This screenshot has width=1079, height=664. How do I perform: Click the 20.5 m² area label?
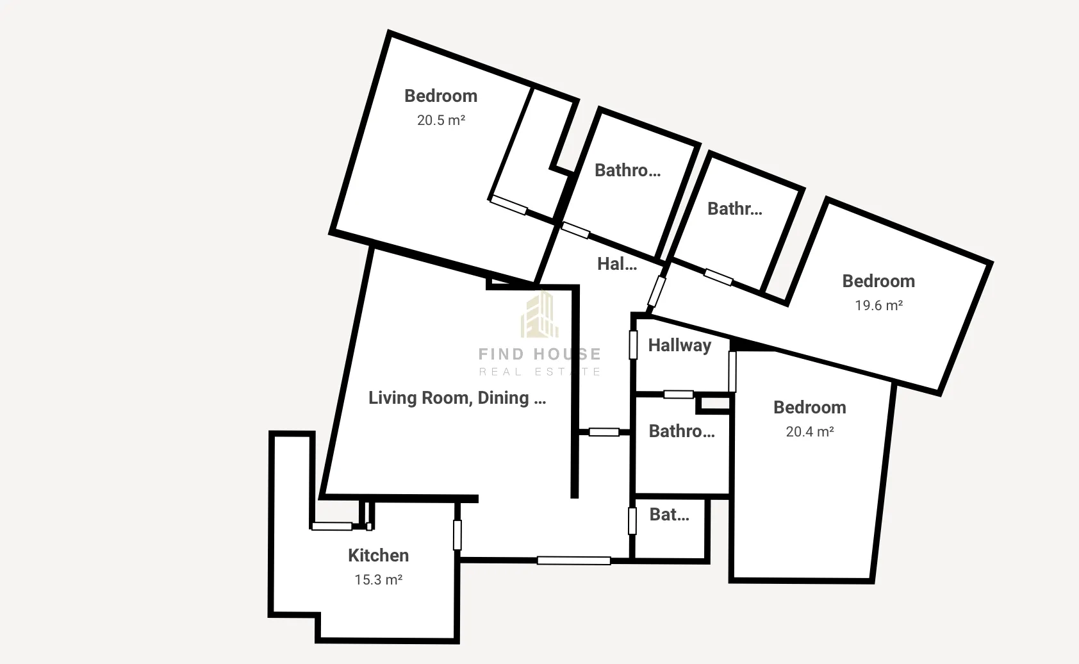441,120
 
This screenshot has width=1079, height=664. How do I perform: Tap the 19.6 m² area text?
878,306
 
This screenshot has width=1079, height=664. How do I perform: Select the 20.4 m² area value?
810,432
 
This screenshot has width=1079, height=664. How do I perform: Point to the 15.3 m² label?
378,579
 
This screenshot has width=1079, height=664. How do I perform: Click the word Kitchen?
378,556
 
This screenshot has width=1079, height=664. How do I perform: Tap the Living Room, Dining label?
457,398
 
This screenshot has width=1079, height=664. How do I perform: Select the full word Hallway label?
679,345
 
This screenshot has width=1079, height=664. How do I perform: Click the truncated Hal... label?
617,264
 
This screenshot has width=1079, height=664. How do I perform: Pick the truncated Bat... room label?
669,515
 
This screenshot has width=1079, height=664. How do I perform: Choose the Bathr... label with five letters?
734,209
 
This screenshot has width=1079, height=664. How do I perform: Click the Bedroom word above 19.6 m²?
878,281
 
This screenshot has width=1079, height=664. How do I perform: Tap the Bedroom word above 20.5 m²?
441,96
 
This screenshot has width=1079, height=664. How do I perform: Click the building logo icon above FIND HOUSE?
540,314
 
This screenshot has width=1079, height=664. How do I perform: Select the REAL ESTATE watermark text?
540,372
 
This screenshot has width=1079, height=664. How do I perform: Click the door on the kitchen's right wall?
457,535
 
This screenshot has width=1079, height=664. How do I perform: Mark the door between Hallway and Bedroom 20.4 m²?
732,372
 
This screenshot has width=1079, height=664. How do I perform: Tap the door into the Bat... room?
632,521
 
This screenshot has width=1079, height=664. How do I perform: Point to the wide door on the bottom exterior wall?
573,560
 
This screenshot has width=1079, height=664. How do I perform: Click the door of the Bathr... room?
718,277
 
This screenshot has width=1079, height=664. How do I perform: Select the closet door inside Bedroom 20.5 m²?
509,205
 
